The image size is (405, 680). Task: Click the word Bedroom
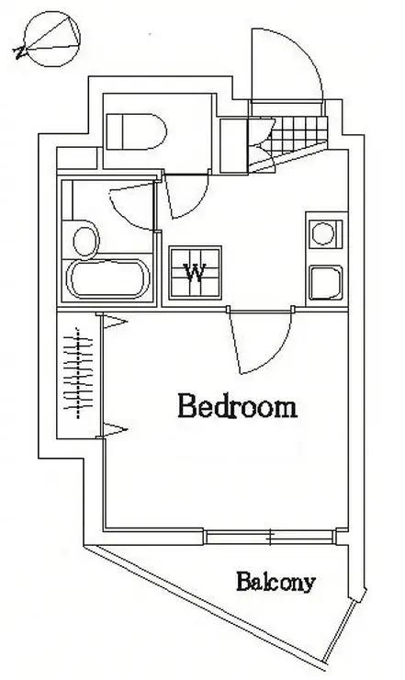(x=238, y=406)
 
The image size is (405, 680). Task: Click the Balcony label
(x=276, y=583)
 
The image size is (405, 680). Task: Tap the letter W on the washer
(x=195, y=273)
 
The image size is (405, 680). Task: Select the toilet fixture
(x=136, y=131)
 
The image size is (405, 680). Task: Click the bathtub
(x=108, y=278)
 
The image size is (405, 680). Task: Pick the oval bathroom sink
(x=84, y=240)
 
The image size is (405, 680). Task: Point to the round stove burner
(x=323, y=233)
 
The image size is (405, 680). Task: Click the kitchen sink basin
(x=326, y=283)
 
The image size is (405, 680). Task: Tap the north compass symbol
(x=48, y=39)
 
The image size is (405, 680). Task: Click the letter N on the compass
(x=19, y=53)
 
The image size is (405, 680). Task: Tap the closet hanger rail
(x=78, y=373)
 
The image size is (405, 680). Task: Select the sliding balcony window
(x=269, y=537)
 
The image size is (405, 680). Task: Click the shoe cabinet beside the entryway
(x=233, y=146)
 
